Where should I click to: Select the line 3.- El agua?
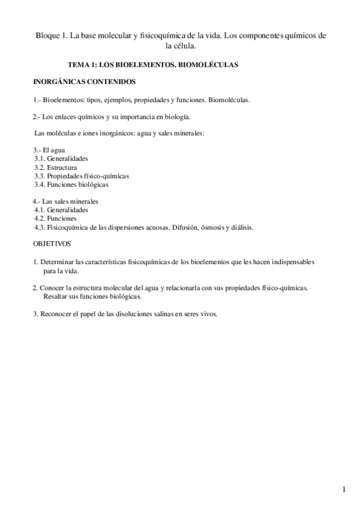tap(46, 149)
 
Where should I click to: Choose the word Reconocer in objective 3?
tap(56, 314)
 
